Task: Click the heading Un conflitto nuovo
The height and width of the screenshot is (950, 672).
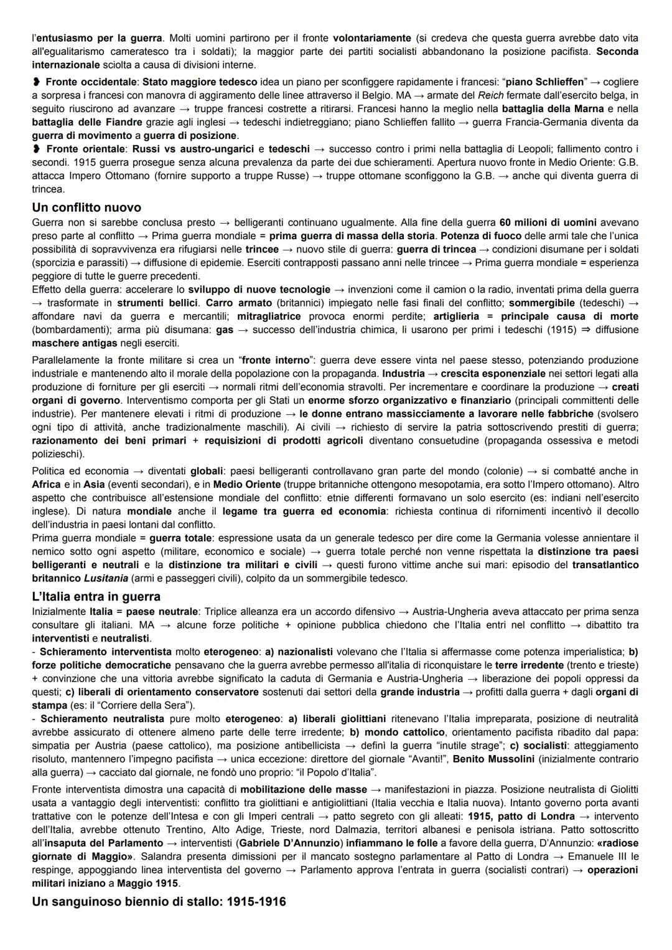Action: click(86, 207)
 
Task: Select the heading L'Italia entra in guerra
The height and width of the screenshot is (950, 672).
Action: click(96, 596)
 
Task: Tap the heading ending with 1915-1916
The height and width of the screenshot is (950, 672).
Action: click(159, 901)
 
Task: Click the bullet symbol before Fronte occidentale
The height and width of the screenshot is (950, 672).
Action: click(37, 82)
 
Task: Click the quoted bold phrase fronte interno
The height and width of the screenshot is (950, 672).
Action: click(275, 360)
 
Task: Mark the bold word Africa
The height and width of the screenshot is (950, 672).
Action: click(47, 484)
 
